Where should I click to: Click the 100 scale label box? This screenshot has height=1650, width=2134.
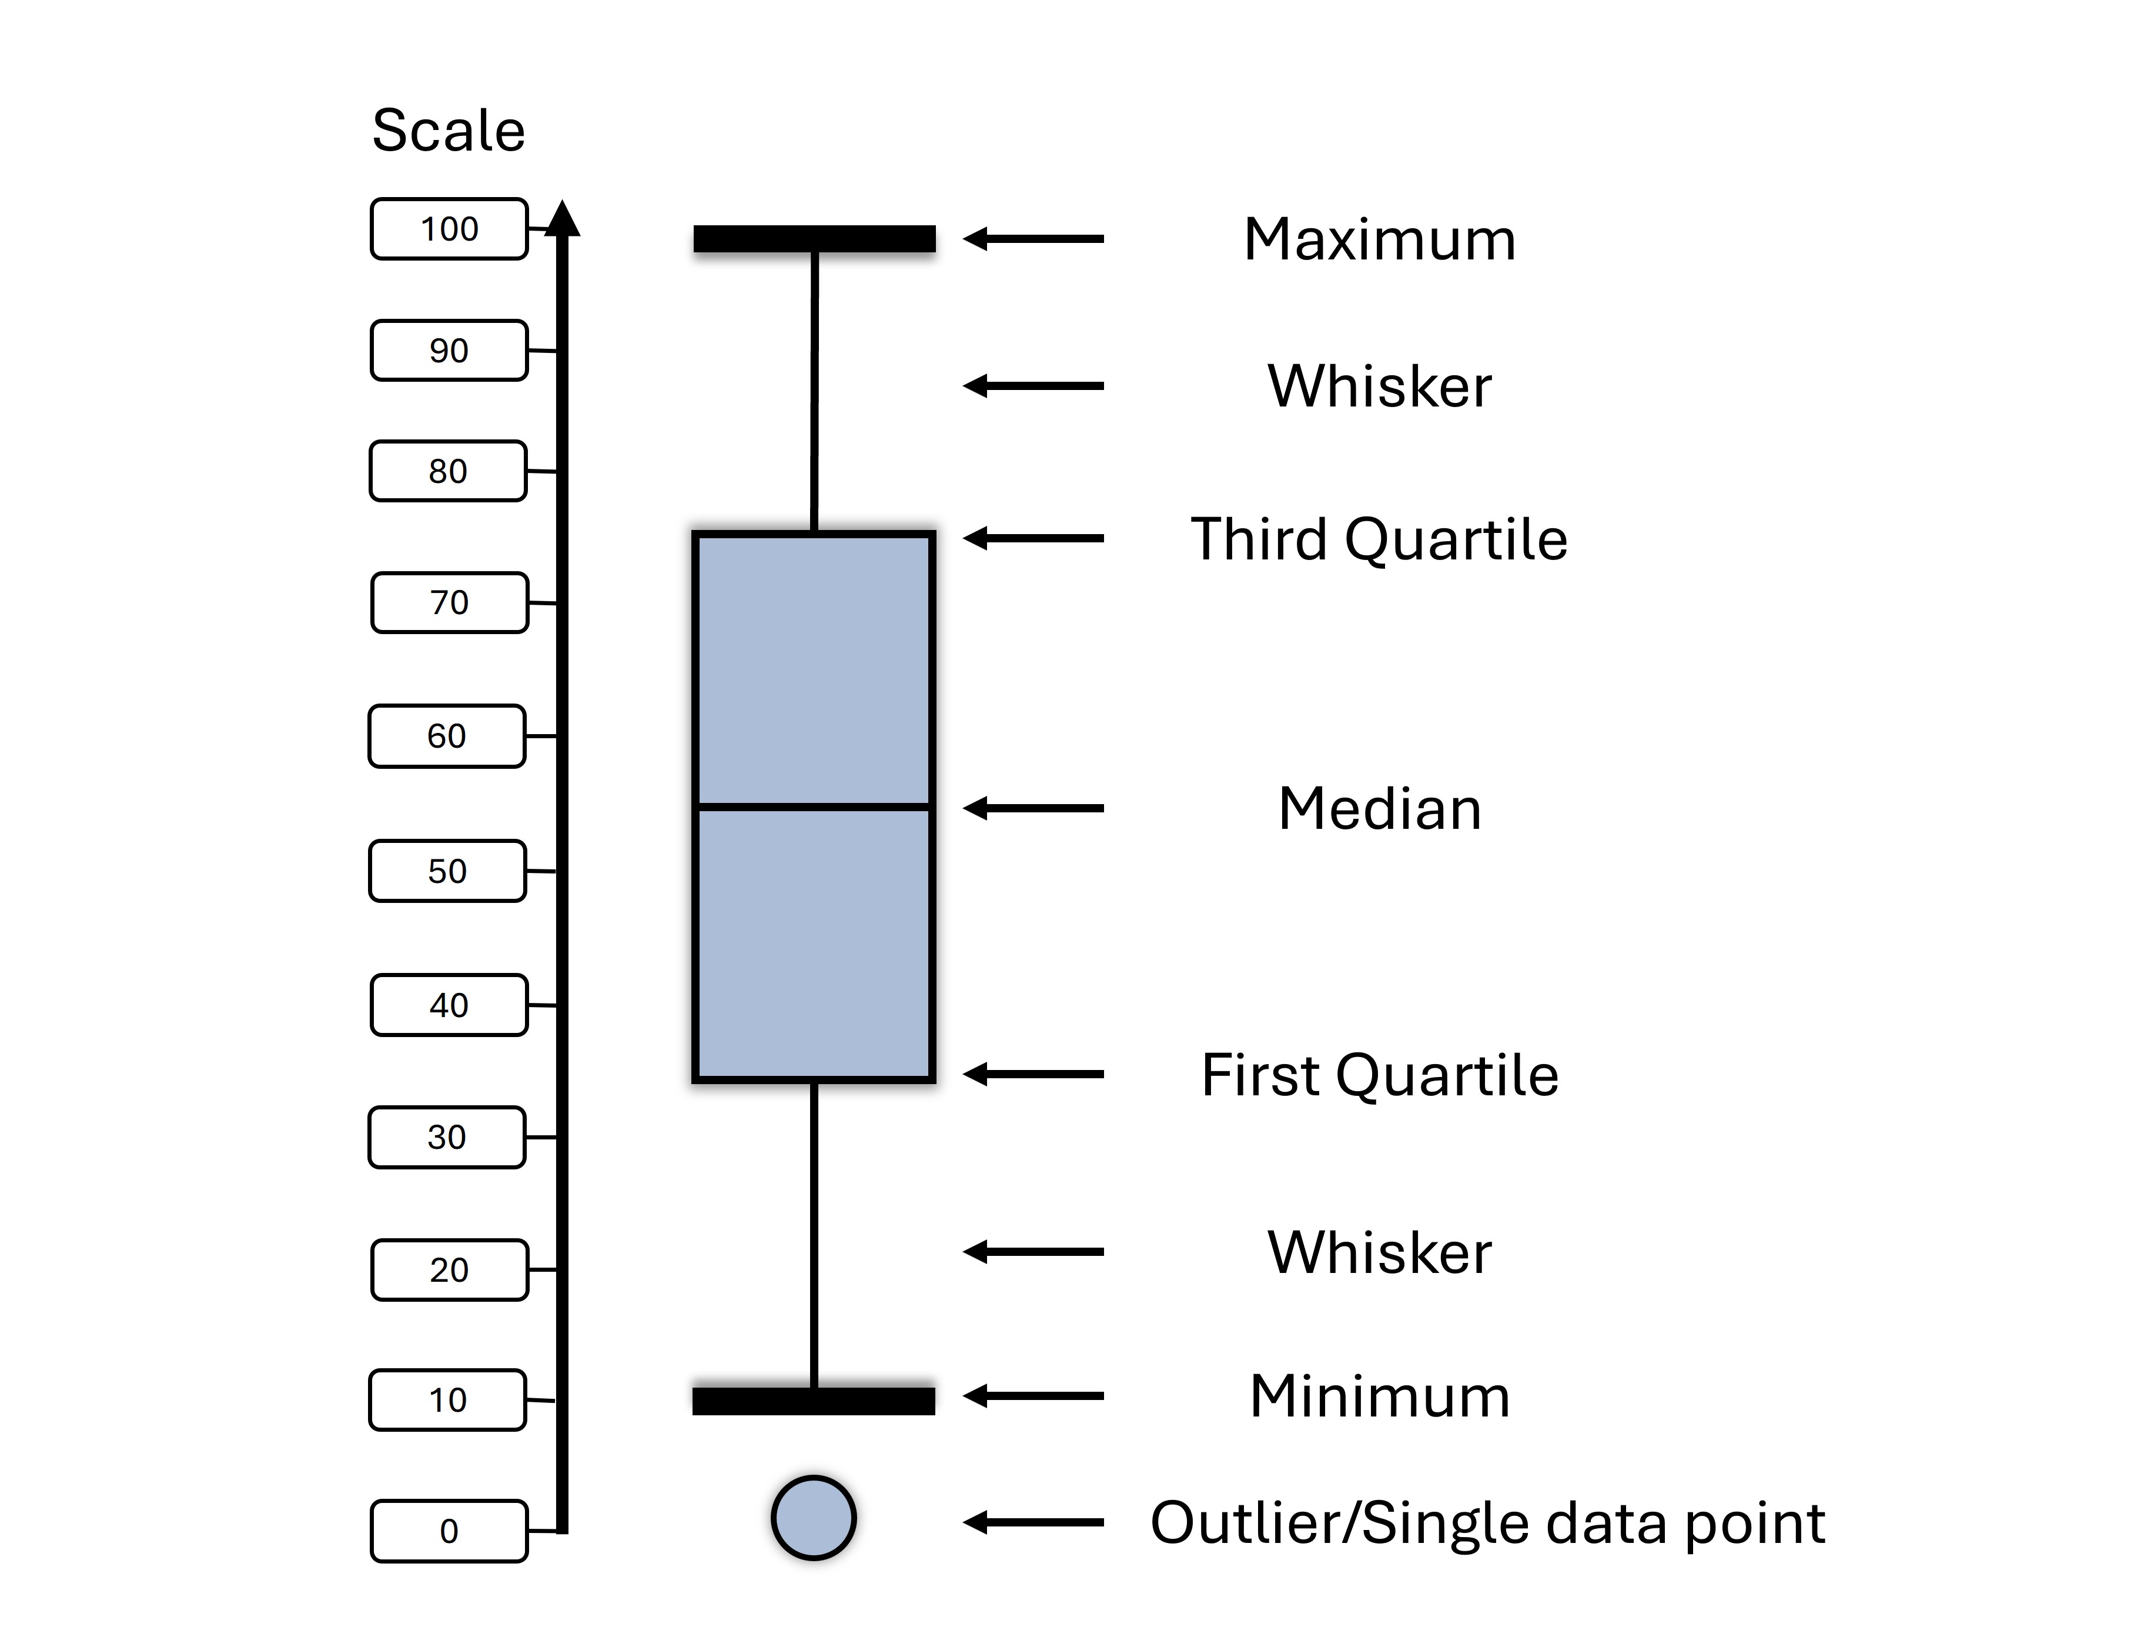[x=449, y=229]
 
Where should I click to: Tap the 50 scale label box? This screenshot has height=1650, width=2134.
[x=447, y=871]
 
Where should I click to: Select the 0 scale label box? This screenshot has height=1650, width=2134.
[x=449, y=1531]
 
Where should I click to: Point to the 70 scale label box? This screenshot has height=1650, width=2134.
[x=450, y=602]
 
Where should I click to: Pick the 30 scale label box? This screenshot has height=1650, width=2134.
[x=447, y=1137]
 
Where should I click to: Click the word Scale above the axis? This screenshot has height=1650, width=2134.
[x=449, y=130]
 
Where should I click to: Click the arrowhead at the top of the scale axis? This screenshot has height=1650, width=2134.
[x=562, y=219]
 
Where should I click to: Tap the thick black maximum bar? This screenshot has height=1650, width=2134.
[x=814, y=238]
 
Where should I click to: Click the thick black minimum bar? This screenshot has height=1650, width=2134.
[x=814, y=1400]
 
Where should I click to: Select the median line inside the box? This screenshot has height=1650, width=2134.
[x=814, y=806]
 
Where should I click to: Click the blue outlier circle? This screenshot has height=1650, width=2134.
[x=814, y=1517]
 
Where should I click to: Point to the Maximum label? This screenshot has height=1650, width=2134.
[x=1380, y=239]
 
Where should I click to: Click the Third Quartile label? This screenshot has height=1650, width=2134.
[x=1379, y=539]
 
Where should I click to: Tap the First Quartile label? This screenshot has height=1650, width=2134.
[x=1380, y=1075]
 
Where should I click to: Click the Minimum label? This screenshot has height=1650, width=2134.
[x=1380, y=1396]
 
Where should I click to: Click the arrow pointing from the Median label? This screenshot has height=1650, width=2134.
[x=1033, y=808]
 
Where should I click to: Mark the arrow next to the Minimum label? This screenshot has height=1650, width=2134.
[x=1033, y=1396]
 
